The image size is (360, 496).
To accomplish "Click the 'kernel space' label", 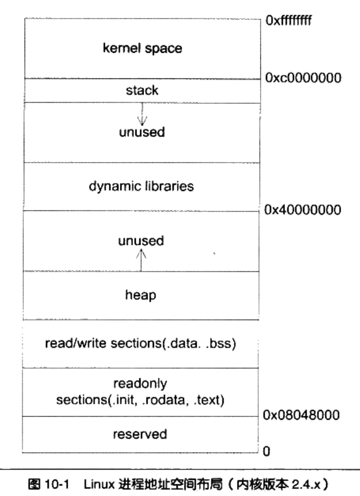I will click(x=142, y=48).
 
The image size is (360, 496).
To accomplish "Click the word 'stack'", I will click(x=142, y=91).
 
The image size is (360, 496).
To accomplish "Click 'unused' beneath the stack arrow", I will click(x=142, y=132).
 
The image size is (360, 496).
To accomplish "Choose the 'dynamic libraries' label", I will click(x=142, y=186).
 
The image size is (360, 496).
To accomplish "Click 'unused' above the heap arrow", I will click(x=142, y=240).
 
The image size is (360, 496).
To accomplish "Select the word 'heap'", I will click(x=142, y=295).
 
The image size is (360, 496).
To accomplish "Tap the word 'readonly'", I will click(x=141, y=383).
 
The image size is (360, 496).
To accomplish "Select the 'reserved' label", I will click(x=142, y=433).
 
